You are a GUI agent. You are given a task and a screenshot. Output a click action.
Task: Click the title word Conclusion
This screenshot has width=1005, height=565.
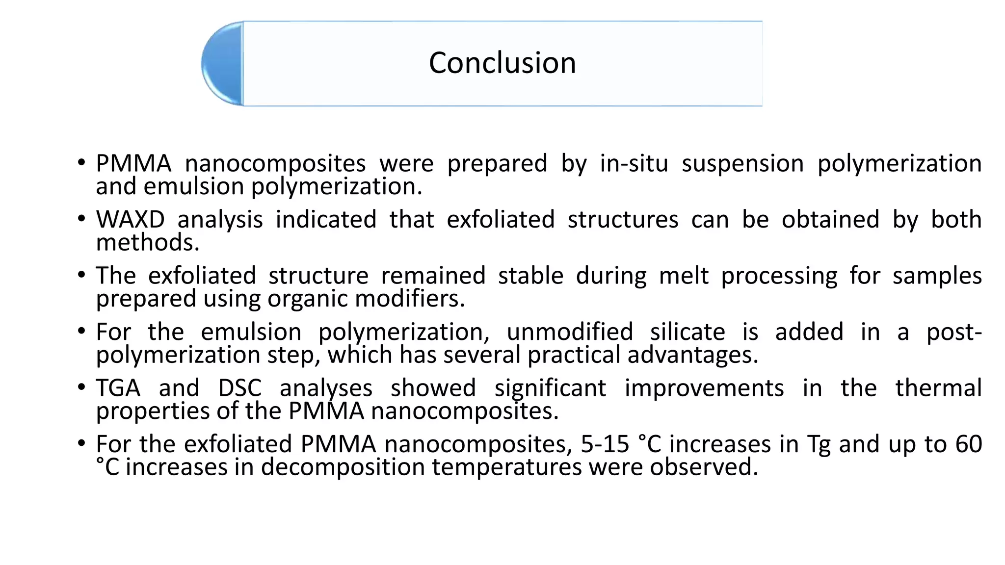(502, 63)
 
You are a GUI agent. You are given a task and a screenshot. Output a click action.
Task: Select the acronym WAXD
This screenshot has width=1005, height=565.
(130, 219)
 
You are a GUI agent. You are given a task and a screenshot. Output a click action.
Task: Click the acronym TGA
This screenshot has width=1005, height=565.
(118, 388)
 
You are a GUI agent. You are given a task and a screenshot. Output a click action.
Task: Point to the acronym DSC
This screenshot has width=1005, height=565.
(239, 388)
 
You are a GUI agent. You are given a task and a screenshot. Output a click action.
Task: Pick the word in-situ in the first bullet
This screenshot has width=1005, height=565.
(634, 163)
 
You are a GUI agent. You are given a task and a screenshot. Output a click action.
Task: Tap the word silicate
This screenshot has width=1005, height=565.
(688, 332)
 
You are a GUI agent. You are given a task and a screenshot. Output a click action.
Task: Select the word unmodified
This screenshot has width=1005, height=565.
(570, 332)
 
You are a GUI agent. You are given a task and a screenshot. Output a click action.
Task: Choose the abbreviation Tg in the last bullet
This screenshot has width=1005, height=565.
(819, 445)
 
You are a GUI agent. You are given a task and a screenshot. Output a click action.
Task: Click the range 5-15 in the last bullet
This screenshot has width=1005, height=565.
(605, 444)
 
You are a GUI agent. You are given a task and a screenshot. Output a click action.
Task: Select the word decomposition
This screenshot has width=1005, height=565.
(342, 467)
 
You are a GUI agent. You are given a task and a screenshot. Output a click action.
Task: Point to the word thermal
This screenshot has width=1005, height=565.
(938, 388)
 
